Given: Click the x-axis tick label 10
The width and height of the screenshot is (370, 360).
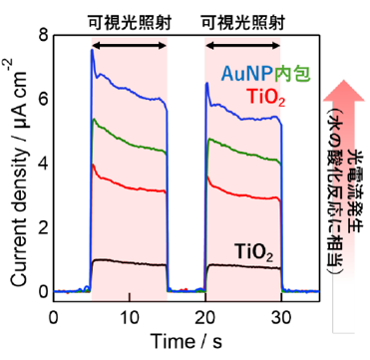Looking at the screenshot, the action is click(x=130, y=318).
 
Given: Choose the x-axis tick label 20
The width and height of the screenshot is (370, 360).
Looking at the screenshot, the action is click(x=205, y=318).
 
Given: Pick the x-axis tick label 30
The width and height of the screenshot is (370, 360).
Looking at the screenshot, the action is click(x=282, y=318).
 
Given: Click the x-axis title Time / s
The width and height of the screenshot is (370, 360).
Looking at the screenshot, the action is click(x=186, y=341).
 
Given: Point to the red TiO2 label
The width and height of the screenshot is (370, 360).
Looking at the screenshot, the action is click(x=265, y=97).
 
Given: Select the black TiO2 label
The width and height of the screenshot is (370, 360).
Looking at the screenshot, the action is click(x=253, y=251).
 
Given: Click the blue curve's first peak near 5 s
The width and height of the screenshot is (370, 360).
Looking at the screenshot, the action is click(x=92, y=50).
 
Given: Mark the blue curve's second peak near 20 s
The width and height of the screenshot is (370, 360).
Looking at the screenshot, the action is click(x=206, y=83).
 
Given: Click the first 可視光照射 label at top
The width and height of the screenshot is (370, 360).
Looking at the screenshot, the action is click(x=130, y=23).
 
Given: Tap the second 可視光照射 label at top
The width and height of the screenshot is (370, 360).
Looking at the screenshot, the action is click(x=243, y=23).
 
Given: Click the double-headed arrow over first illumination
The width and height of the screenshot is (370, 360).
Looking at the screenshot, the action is click(x=130, y=46).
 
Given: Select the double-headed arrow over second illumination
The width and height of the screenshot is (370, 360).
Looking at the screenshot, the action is click(x=243, y=46).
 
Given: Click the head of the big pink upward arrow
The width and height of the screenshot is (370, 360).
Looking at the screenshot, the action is click(x=344, y=89).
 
